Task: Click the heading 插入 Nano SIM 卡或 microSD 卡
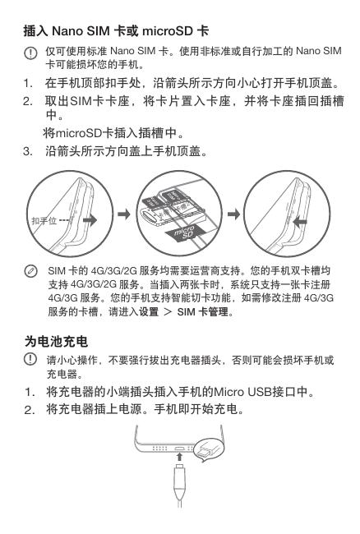coord(116,31)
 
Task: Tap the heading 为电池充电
coord(56,341)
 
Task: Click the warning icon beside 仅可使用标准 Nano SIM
coord(30,53)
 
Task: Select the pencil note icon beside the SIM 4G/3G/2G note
coord(31,271)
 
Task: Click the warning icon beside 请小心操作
coord(30,359)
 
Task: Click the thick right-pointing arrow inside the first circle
coord(90,219)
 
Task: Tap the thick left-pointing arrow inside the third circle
coord(300,223)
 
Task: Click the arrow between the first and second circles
coord(124,214)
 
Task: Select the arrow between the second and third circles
coord(233,214)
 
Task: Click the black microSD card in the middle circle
coord(185,233)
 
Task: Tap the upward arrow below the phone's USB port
coord(179,457)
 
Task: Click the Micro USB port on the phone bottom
coord(179,449)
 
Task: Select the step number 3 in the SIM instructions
coord(27,151)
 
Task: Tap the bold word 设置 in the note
coord(149,311)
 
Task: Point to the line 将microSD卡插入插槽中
coord(113,133)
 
